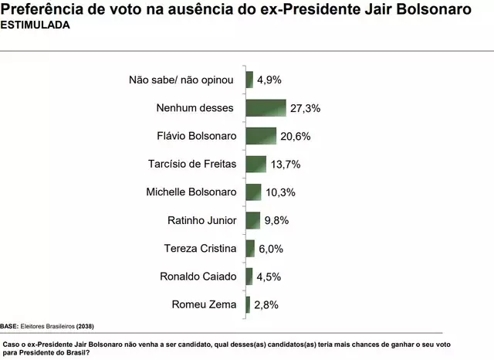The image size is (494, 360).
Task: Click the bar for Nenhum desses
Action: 266,107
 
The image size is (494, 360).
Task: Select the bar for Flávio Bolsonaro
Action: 261,136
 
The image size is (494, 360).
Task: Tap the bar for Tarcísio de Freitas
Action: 255,164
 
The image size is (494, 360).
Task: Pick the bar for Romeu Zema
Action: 248,304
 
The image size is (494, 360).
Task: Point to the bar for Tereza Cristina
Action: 250,248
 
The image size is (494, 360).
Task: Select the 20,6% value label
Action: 294,137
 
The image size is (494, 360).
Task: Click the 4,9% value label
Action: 269,80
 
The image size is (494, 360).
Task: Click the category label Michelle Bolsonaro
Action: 193,192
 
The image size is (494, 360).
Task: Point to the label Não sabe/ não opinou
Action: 186,80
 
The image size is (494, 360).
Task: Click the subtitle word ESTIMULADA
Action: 35,25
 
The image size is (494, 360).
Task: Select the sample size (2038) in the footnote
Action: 86,326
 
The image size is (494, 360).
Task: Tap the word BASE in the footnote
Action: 10,326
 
